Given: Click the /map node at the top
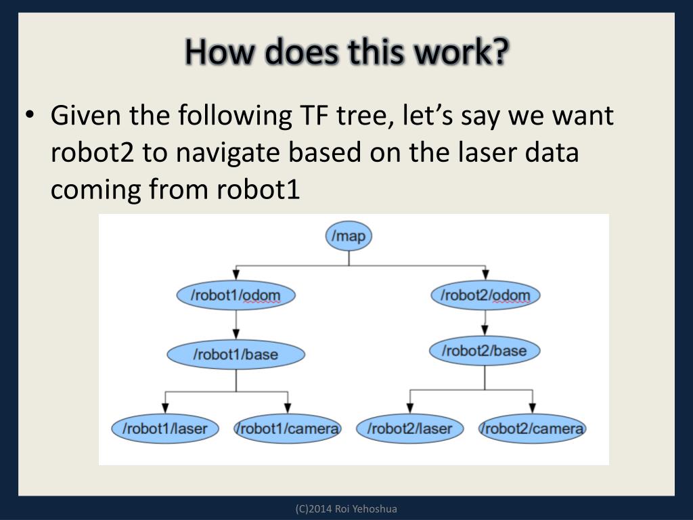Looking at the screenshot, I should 349,236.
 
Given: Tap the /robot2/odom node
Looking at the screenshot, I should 485,295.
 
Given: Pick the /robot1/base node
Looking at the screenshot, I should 236,353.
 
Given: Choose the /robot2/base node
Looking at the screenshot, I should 484,351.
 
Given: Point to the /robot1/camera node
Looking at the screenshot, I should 288,429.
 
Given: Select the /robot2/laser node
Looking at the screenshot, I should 409,429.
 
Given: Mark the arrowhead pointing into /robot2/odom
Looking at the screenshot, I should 485,274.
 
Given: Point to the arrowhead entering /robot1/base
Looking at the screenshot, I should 236,333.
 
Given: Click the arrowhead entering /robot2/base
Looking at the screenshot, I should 484,330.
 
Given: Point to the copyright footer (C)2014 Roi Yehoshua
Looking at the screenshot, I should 346,508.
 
